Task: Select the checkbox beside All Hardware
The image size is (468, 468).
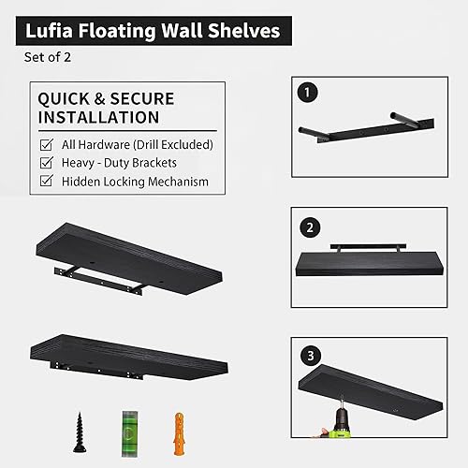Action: pos(46,144)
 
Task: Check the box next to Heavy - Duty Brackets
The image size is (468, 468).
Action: pos(46,163)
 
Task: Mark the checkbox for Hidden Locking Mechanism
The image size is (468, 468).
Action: pos(46,182)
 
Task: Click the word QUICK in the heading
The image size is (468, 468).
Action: pos(65,97)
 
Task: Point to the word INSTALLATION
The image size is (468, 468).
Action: pos(98,117)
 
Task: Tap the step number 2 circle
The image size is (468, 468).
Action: pos(305,227)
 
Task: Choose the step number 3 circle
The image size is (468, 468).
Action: pos(305,356)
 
